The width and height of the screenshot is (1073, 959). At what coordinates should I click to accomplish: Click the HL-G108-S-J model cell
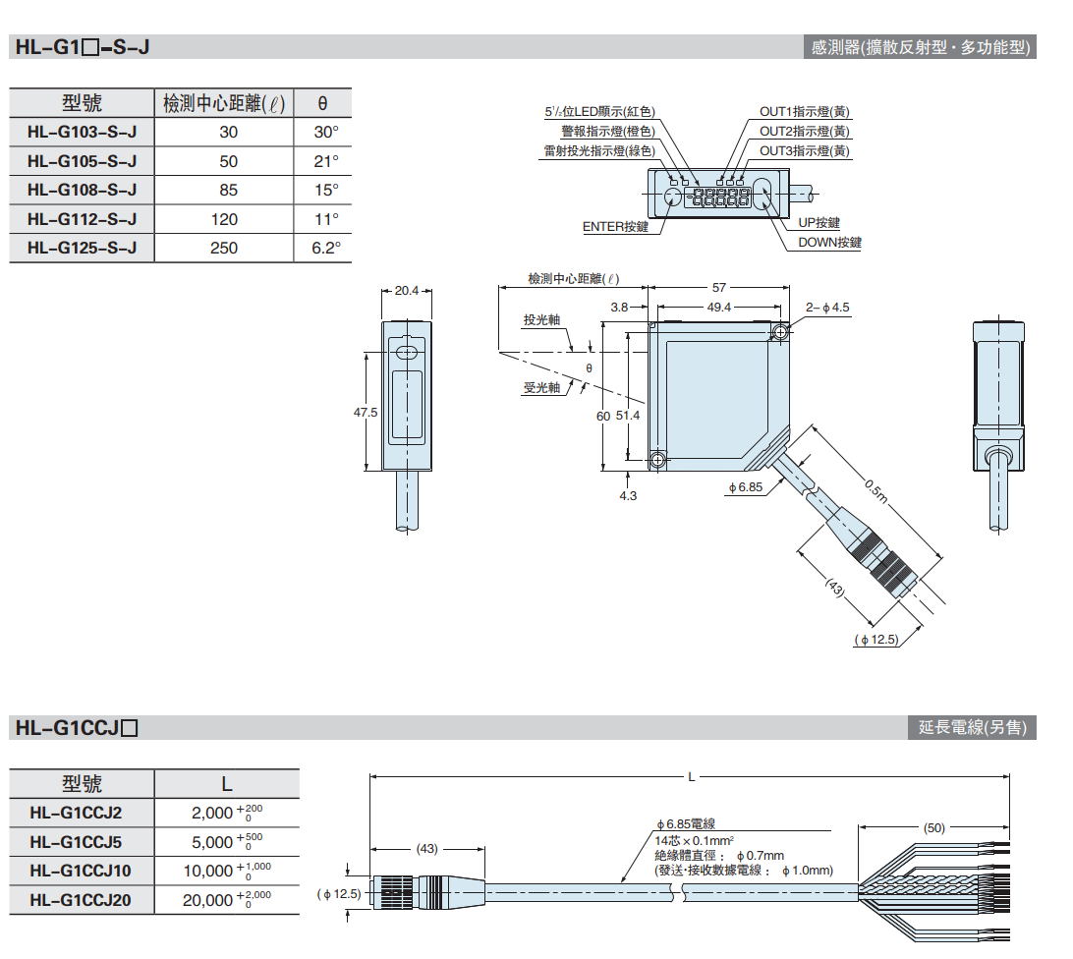coord(82,190)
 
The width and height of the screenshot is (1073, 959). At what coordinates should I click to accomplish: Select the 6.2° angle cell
coord(325,248)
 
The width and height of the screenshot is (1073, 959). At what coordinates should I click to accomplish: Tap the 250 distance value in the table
coord(224,248)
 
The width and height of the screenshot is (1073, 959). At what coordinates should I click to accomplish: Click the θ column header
coord(323,103)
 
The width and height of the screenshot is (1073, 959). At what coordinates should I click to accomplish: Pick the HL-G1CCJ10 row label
coord(81,871)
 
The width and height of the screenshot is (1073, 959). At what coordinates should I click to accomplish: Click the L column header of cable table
coord(226,783)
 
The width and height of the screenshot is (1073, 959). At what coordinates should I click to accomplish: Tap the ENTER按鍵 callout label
coord(616,227)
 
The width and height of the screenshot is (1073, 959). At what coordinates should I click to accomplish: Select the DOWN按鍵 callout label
coord(829,243)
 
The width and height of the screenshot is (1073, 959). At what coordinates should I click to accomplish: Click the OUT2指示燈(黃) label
coord(805,132)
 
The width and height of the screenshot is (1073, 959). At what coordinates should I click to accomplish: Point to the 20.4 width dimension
coord(406,290)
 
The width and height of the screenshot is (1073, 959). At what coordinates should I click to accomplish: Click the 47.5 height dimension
coord(366,414)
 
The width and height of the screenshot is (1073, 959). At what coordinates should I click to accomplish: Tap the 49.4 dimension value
coord(719,308)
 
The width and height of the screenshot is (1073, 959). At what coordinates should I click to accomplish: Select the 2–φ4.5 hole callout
coord(827,308)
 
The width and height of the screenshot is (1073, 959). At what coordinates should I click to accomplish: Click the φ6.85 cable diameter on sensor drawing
coord(746,487)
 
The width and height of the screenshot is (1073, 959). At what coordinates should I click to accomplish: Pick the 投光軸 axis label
coord(541,321)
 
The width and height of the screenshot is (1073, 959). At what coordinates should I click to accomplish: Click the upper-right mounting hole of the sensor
coord(780,332)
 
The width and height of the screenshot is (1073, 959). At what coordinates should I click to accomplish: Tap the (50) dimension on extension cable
coord(933,828)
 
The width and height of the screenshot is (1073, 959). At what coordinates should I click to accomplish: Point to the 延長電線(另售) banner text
coord(972,728)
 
